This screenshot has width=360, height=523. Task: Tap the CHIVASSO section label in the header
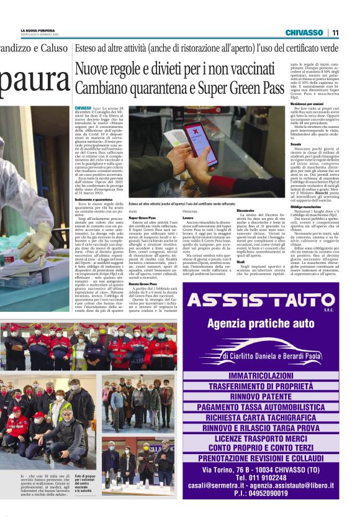[x=304, y=32]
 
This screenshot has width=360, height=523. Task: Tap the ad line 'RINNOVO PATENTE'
[x=268, y=396]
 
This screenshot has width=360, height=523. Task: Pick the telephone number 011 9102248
[x=268, y=485]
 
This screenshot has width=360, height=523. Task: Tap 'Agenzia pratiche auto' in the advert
[x=268, y=324]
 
